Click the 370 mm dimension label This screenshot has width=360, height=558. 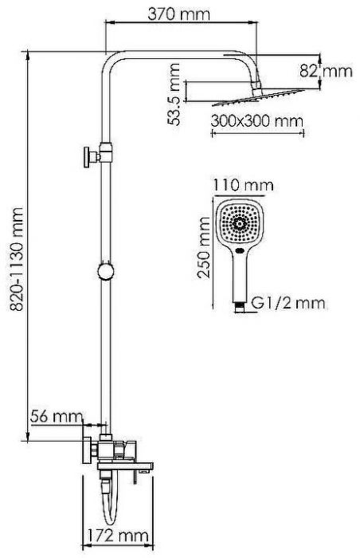[x=179, y=14]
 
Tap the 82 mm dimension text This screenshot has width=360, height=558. [x=326, y=71]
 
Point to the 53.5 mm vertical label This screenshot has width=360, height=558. [x=174, y=94]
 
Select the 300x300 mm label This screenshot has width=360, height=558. [x=256, y=121]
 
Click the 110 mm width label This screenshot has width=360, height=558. [x=244, y=185]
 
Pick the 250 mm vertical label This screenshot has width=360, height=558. [x=204, y=248]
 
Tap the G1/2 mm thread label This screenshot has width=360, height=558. [x=288, y=303]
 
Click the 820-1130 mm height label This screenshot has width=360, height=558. [x=17, y=259]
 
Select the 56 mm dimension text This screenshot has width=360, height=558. [x=57, y=415]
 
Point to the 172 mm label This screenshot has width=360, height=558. [x=118, y=535]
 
